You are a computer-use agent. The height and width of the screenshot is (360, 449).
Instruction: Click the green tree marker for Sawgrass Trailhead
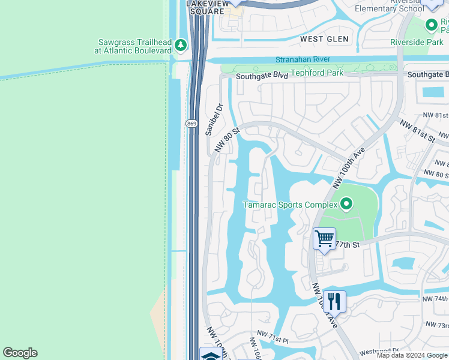[x=180, y=46]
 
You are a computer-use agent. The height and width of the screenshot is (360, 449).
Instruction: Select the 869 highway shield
[x=191, y=124]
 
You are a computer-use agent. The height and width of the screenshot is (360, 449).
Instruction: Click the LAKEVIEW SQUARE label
[x=208, y=7]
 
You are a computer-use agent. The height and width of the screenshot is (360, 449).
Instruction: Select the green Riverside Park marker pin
[x=431, y=25]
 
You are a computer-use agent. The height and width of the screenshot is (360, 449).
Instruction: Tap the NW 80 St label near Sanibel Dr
[x=228, y=137]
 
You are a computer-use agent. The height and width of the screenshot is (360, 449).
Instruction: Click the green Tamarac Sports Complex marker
[x=346, y=205]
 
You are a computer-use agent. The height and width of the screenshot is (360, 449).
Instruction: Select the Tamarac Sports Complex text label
[x=290, y=205]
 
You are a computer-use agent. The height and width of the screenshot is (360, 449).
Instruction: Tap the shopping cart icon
[x=324, y=239]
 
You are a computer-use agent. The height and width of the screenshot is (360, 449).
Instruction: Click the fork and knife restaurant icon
[x=334, y=301]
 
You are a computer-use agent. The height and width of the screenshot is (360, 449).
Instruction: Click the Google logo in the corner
[x=20, y=353]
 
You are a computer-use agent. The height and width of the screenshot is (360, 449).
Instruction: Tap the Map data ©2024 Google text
[x=411, y=355]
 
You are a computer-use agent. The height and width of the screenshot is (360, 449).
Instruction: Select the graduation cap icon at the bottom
[x=210, y=355]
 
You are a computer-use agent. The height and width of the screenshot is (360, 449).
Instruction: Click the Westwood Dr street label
[x=379, y=350]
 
